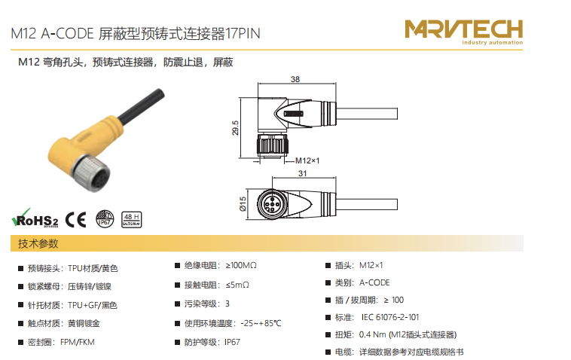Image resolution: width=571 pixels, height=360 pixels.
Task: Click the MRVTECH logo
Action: (x=463, y=32)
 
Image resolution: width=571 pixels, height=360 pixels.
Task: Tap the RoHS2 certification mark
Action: (x=35, y=218)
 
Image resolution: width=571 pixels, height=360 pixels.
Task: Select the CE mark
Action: (x=76, y=219)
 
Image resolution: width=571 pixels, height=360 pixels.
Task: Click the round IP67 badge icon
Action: (x=105, y=219)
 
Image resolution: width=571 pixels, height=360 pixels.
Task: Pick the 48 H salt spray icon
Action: (x=132, y=219)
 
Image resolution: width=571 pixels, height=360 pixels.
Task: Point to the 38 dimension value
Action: (x=295, y=79)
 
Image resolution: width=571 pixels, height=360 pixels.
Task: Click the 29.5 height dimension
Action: (x=236, y=128)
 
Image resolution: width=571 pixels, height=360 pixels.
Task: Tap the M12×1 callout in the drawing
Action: (x=307, y=160)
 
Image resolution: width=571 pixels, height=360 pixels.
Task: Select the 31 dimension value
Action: (x=303, y=173)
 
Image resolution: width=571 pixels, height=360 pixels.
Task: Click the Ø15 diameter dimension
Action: (x=243, y=204)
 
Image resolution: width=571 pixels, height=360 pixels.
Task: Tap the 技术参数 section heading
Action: (x=38, y=243)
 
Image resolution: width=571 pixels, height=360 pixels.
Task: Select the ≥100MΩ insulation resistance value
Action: (x=241, y=265)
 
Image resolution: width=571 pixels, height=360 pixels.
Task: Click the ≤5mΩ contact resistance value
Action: (x=237, y=285)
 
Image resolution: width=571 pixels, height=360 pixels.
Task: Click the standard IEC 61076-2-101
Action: (x=390, y=317)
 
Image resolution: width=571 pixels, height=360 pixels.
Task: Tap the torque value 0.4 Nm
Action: (x=373, y=334)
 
